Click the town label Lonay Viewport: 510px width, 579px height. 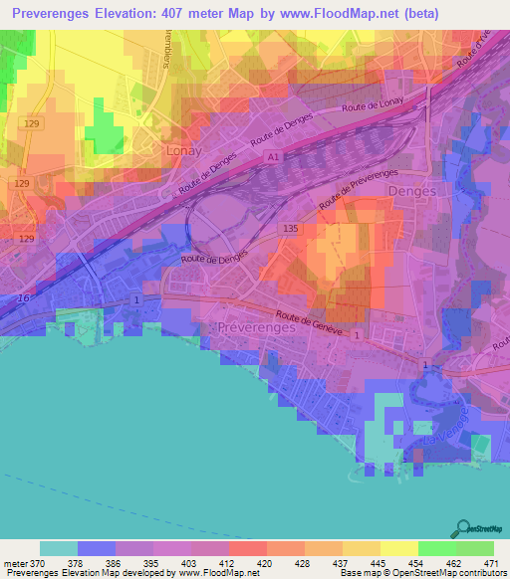point(179,150)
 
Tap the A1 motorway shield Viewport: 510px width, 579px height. point(271,157)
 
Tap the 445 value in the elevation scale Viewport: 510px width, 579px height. point(380,564)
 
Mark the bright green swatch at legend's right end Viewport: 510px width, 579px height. point(474,548)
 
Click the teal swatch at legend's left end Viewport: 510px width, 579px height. point(59,548)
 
